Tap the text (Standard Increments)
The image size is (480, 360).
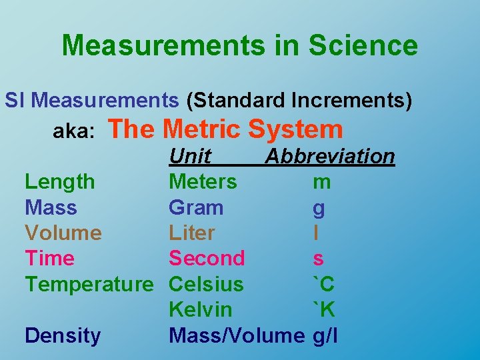[299, 100]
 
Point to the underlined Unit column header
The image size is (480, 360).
[190, 156]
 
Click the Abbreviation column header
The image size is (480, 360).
[330, 156]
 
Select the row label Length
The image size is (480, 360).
[59, 181]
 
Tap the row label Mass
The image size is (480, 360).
[51, 207]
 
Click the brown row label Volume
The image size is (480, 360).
[63, 233]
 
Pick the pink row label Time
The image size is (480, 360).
[49, 258]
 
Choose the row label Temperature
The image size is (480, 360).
[89, 284]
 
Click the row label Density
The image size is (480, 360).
[63, 335]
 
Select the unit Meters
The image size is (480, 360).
[203, 181]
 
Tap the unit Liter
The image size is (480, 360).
[191, 233]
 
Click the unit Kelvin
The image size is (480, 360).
[201, 309]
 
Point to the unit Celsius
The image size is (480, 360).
[206, 284]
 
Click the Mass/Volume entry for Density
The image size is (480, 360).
[236, 335]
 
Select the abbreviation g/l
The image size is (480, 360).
[325, 335]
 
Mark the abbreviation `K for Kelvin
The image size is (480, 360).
[324, 309]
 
